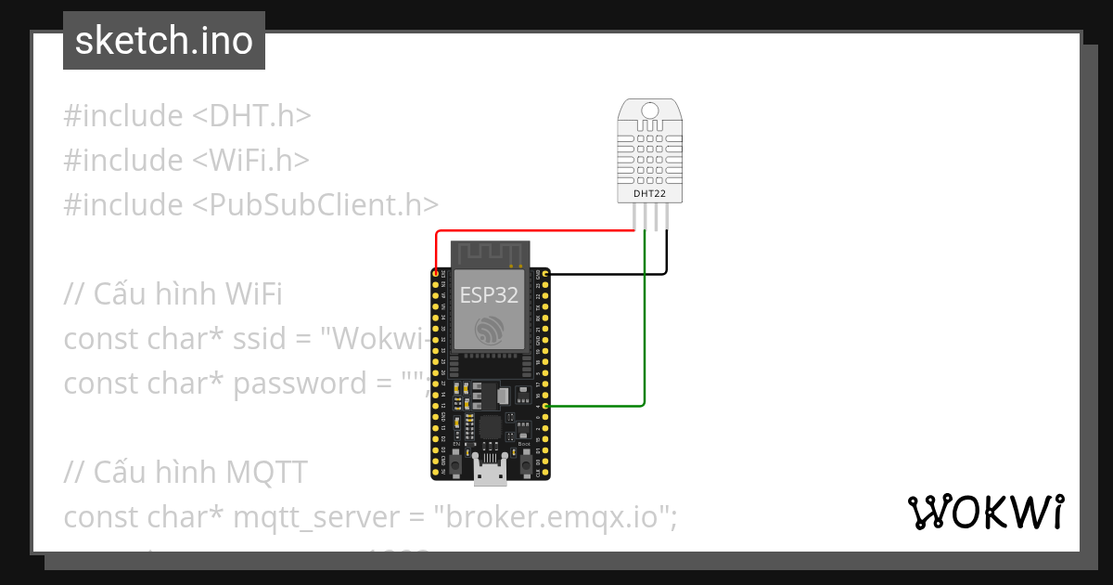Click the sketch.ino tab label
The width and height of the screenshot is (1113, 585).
(x=164, y=41)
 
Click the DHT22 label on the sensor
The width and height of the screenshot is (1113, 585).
(x=649, y=193)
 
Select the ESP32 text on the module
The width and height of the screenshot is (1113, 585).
(x=489, y=295)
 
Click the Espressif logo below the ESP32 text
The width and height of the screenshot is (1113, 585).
(x=489, y=330)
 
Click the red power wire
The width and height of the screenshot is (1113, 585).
(x=538, y=232)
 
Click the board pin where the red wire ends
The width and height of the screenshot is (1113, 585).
(x=435, y=274)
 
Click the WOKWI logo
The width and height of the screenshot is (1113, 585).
(x=986, y=513)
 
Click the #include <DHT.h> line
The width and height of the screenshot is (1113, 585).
(x=186, y=116)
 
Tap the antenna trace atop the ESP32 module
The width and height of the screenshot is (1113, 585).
(x=489, y=253)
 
